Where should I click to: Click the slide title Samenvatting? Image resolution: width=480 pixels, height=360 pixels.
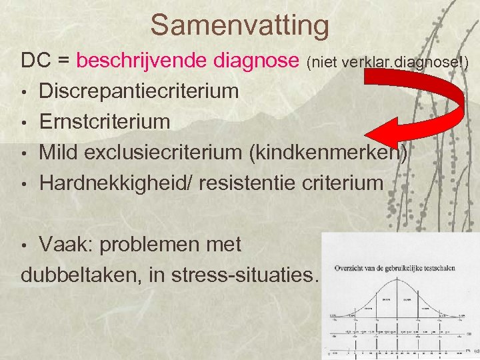[240, 25]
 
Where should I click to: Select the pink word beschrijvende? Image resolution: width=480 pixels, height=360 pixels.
[143, 61]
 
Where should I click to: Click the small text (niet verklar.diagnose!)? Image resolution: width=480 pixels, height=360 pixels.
[387, 63]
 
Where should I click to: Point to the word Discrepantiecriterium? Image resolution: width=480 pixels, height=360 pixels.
[139, 91]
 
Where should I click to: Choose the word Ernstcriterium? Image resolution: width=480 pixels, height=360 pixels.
[105, 121]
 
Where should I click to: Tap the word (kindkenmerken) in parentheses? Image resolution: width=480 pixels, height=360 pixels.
[327, 152]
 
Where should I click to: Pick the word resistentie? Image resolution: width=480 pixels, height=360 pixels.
[255, 183]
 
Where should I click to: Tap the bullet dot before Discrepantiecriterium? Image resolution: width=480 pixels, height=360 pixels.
[25, 92]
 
